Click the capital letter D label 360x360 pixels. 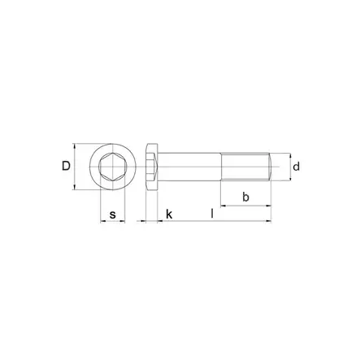[66, 167]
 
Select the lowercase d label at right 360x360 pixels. [297, 167]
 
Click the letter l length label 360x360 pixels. [212, 214]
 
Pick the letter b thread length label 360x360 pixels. [245, 197]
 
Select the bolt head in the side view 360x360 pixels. [151, 167]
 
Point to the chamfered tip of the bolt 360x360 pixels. [269, 167]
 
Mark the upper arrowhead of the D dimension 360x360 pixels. [75, 146]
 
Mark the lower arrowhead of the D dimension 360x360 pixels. [75, 189]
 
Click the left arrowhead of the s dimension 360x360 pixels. [102, 221]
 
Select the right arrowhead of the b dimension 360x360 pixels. [268, 205]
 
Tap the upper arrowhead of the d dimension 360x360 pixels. [287, 155]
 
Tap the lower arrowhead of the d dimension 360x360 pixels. [287, 180]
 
